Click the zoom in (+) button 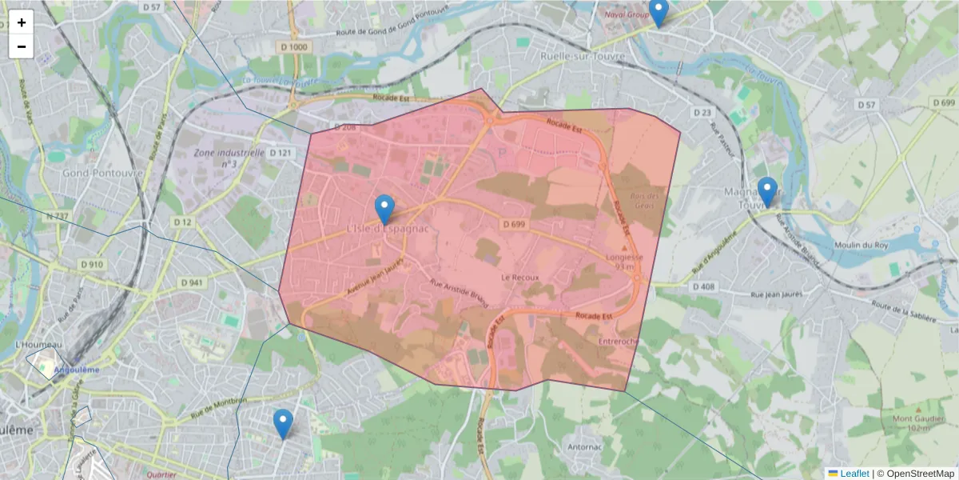pos(22,22)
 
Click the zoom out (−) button pos(22,46)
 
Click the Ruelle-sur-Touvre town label pos(581,57)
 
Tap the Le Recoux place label pos(520,278)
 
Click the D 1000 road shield pos(295,47)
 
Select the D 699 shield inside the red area pos(514,225)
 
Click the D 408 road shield pos(703,286)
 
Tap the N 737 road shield pos(58,216)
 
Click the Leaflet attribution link pos(854,474)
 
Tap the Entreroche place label pos(618,342)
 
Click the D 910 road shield pos(92,264)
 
